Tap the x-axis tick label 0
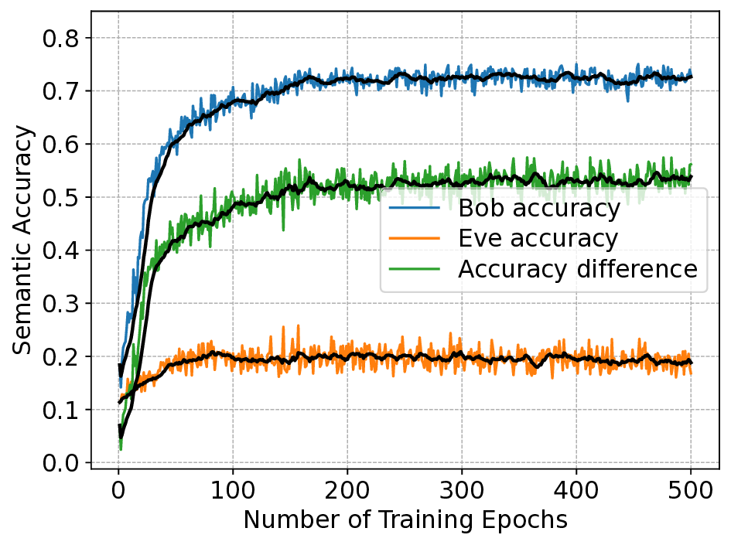[118, 490]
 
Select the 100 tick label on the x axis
[233, 490]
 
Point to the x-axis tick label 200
[347, 490]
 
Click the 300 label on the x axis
[462, 490]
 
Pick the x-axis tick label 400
[576, 490]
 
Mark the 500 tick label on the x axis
[691, 490]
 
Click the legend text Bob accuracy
[538, 209]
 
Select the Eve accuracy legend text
[538, 239]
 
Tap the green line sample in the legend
[415, 269]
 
